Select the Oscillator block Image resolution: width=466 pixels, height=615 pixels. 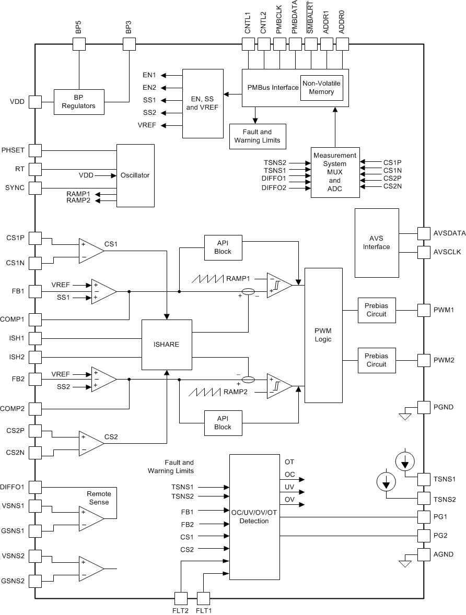135,175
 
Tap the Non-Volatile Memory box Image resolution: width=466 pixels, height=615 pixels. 321,88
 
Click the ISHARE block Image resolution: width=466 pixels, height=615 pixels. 167,345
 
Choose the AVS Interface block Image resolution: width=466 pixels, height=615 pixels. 376,243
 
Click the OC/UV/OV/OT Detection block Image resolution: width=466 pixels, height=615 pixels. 254,517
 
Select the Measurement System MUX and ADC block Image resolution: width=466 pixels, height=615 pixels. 335,172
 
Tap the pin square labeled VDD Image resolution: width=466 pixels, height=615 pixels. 35,102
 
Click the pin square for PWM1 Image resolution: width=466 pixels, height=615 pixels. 424,310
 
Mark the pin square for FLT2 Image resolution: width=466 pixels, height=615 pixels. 180,598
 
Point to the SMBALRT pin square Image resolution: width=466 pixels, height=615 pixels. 311,44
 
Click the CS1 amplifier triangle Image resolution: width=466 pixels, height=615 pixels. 90,250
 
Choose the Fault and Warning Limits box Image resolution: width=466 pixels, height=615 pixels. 257,136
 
